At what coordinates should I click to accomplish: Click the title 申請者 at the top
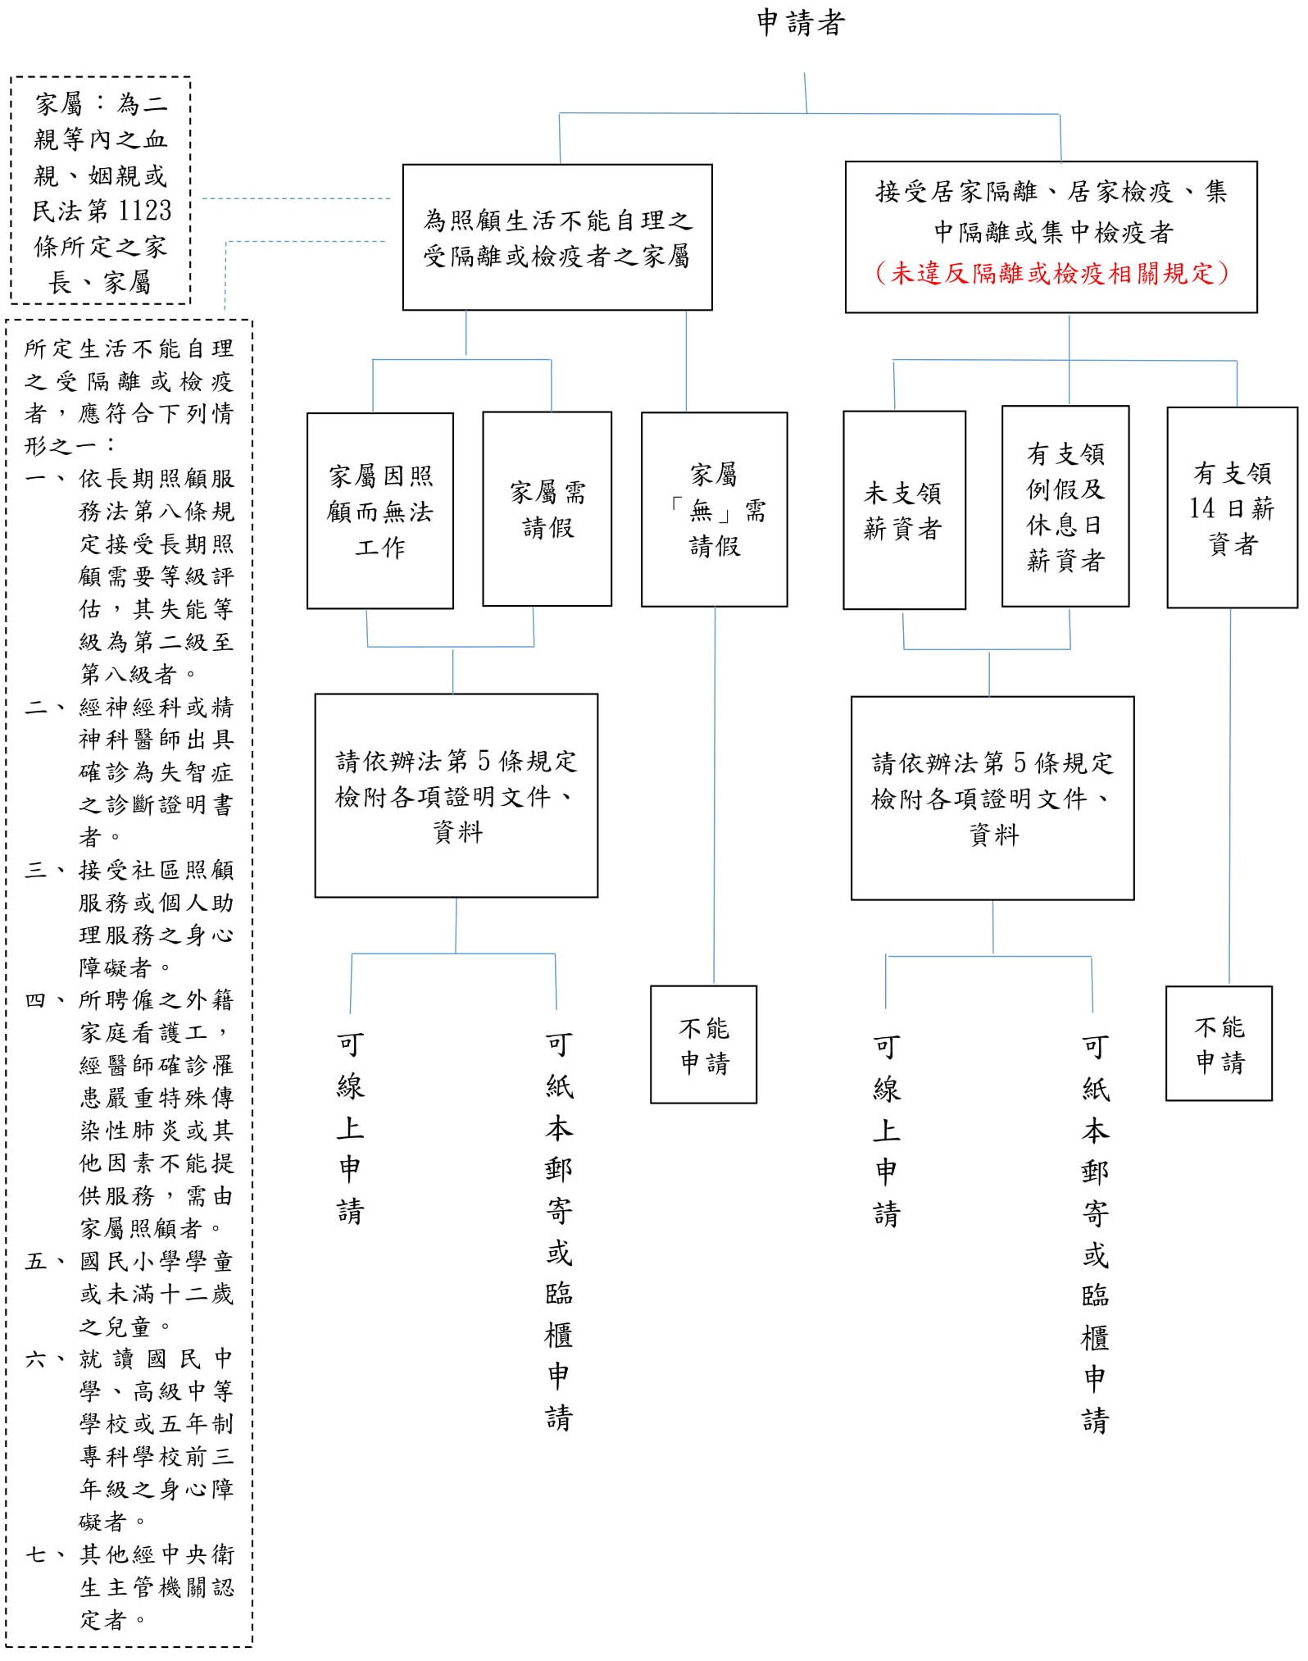800,23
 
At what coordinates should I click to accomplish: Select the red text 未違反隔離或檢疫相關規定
1051,273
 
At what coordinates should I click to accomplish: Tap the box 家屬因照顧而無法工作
380,511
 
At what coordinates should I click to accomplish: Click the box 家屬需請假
547,509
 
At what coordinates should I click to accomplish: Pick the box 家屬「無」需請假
714,509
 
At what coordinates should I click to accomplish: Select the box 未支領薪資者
904,510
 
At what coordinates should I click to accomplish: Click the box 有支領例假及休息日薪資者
1065,507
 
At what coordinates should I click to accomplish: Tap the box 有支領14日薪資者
1232,507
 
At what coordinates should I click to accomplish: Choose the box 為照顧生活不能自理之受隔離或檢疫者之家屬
557,238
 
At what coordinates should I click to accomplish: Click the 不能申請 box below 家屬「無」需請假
703,1044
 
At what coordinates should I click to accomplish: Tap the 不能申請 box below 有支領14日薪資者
1219,1044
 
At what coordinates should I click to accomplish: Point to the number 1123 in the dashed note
144,211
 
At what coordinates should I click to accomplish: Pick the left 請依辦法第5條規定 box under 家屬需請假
456,795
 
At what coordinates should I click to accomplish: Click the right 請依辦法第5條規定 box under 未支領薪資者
992,799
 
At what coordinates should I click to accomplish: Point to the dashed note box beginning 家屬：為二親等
101,191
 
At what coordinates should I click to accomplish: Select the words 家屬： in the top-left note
70,104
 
